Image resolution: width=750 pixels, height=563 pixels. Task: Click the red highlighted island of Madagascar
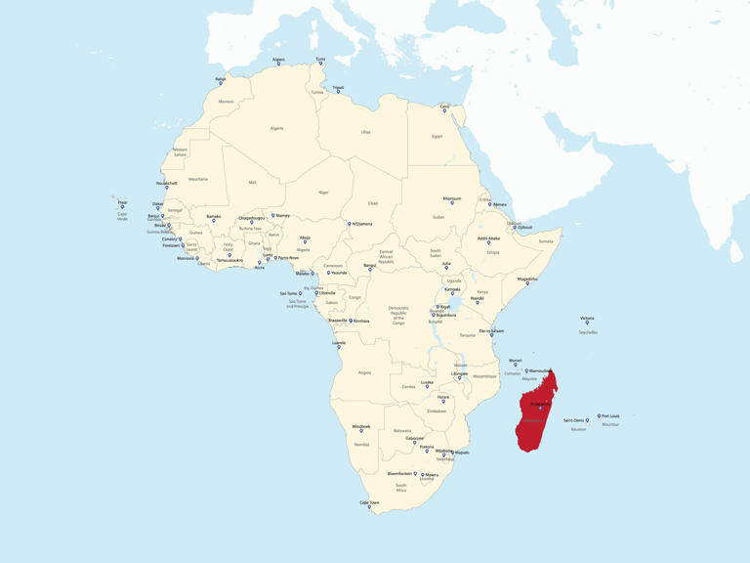[535, 415]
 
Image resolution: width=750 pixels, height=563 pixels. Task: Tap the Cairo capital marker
[444, 111]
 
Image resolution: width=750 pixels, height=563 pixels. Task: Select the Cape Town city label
[369, 502]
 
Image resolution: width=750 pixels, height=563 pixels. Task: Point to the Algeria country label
[276, 128]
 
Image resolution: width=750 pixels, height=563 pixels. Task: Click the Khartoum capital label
[451, 198]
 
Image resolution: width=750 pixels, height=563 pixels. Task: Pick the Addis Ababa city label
[488, 238]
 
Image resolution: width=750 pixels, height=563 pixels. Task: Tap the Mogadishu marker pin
[527, 284]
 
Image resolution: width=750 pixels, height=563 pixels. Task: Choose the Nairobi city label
[477, 298]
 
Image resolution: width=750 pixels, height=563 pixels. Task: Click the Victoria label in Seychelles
[587, 318]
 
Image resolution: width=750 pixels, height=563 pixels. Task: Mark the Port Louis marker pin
[600, 417]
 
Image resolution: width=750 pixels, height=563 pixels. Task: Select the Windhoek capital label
[361, 426]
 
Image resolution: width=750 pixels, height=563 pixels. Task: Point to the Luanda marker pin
[339, 348]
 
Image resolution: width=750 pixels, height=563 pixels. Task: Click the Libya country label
[365, 131]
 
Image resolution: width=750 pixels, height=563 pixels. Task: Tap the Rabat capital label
[221, 78]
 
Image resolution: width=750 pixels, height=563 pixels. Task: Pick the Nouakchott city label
[167, 183]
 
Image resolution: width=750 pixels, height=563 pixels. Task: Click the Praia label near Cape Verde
[122, 202]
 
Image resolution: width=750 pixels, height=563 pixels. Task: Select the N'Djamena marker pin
[350, 225]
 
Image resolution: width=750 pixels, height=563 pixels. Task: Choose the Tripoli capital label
[338, 87]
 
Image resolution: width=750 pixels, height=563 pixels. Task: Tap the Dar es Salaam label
[491, 330]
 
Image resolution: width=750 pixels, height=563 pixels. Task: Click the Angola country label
[364, 372]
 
